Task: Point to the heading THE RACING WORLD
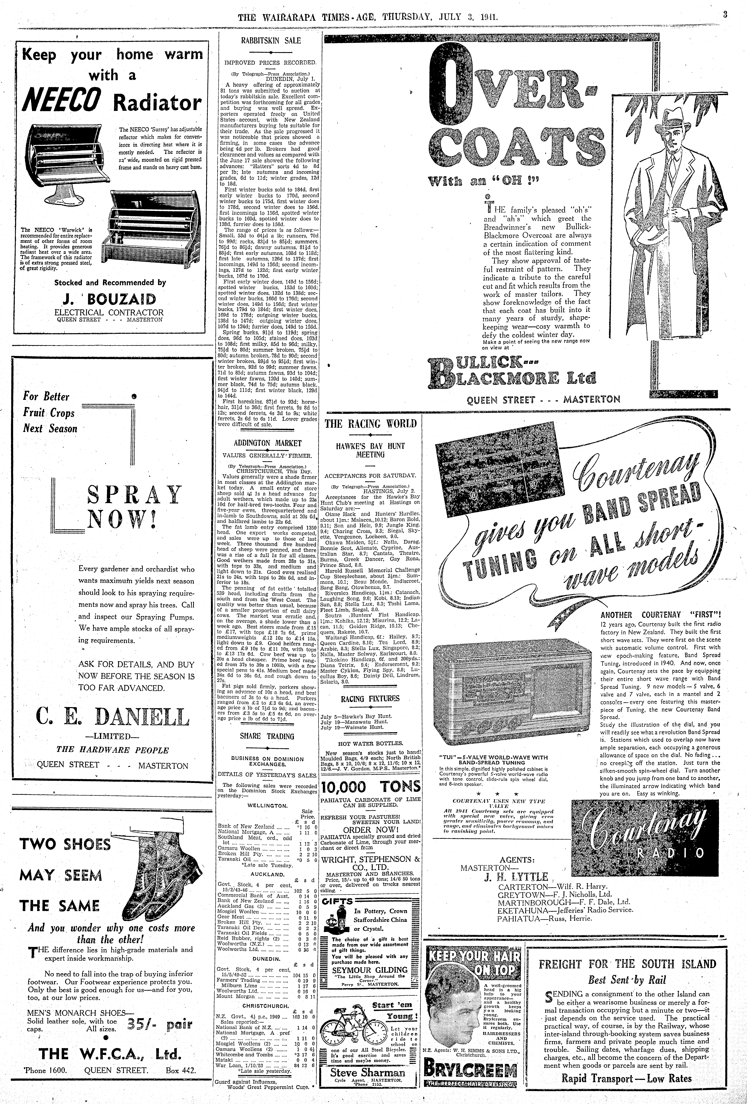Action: pos(370,423)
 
